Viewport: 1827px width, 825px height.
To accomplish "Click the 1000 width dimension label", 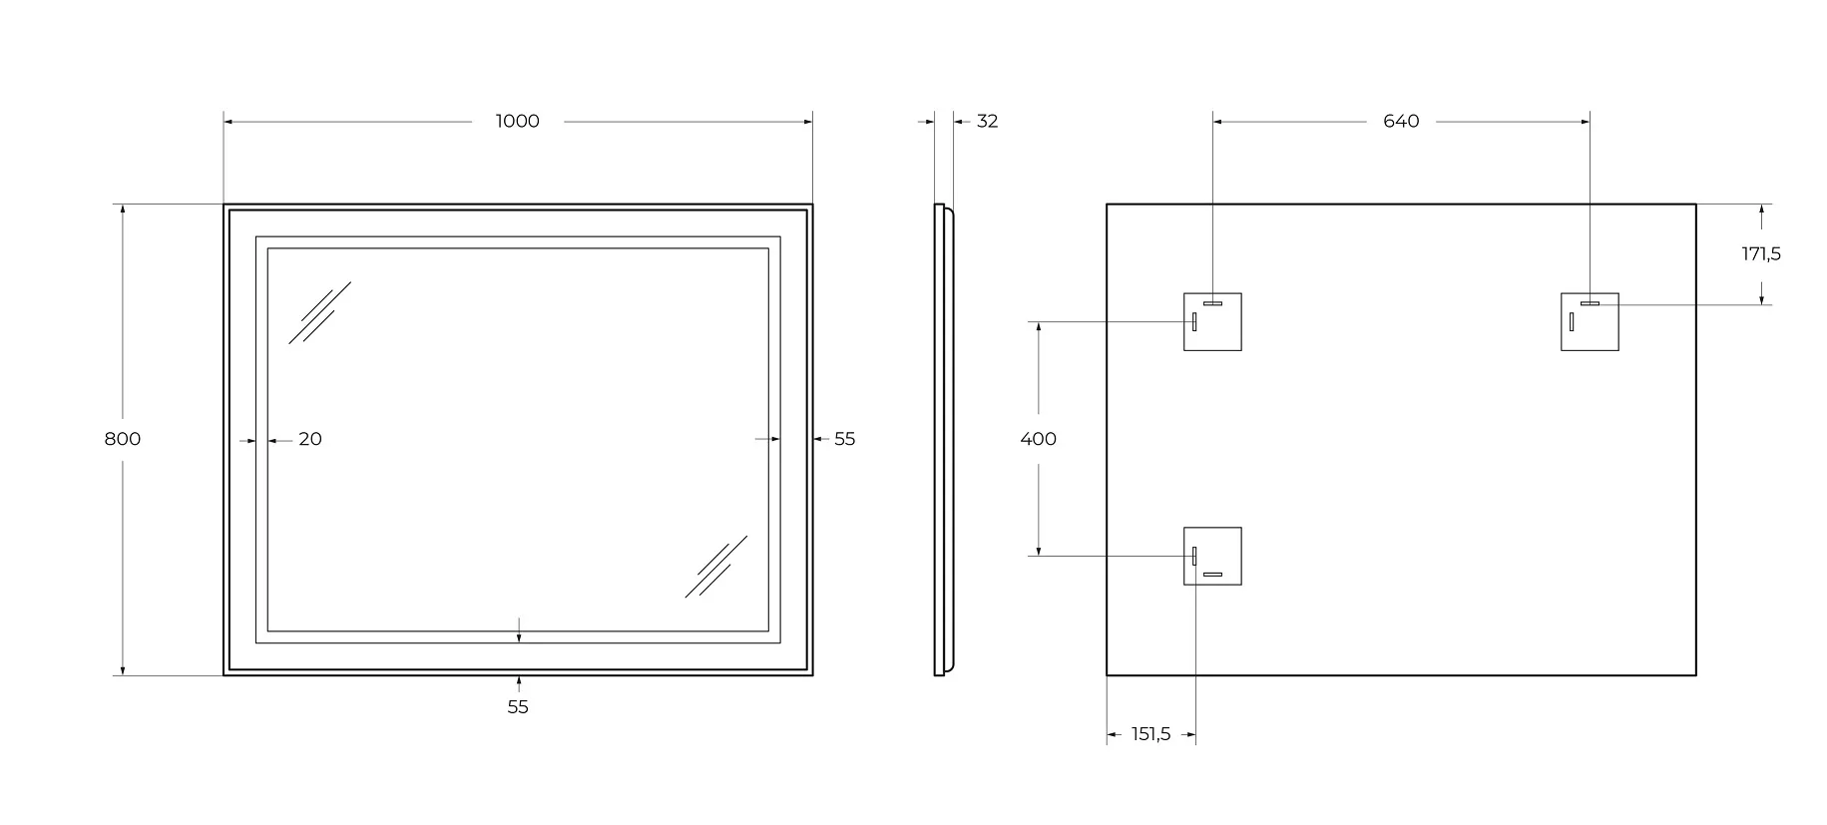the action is pos(517,122).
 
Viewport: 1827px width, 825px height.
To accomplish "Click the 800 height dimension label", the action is pos(123,439).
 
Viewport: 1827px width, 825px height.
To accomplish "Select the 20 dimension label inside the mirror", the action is pos(310,439).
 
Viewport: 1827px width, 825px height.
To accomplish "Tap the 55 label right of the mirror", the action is pos(845,439).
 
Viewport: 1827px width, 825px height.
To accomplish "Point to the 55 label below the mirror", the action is pos(518,707).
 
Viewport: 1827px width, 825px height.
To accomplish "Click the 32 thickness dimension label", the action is pos(987,122).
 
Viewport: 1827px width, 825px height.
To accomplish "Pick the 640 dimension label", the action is pos(1401,122).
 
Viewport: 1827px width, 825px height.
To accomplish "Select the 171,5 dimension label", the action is pos(1761,254).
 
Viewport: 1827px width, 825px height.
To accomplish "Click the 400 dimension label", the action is pos(1039,439).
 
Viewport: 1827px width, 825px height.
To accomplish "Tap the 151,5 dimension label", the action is pos(1150,735).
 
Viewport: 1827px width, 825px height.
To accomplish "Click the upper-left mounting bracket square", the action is pos(1212,322).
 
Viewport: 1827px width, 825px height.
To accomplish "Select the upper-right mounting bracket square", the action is pos(1590,322).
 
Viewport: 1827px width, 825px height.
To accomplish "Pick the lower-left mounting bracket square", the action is pos(1212,556).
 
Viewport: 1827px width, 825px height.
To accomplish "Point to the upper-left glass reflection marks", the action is pos(319,312).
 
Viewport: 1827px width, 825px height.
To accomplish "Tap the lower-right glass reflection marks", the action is pos(716,567).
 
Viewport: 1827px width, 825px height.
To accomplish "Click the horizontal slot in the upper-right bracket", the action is pos(1590,303).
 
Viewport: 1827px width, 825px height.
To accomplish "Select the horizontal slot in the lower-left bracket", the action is pos(1212,575).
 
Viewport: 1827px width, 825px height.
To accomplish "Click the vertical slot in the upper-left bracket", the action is pos(1194,322).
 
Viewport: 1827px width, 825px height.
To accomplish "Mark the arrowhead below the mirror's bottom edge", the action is pos(518,681).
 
